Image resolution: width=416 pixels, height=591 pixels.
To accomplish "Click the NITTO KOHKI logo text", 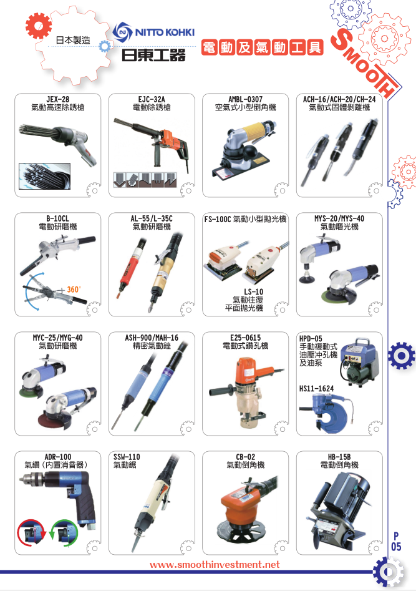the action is click(x=165, y=32).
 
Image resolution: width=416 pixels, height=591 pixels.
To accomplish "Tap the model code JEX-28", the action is click(x=57, y=99).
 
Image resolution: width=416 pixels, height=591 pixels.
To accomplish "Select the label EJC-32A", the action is click(x=152, y=99).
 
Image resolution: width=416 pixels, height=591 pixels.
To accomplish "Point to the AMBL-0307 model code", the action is click(x=245, y=99).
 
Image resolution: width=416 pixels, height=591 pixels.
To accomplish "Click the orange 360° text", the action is click(x=74, y=290).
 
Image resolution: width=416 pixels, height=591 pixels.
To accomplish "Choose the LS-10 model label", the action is click(x=253, y=291).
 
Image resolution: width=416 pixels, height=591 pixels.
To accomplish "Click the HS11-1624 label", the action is click(x=317, y=388).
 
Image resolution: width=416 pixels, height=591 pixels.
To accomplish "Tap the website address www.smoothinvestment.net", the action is click(x=215, y=564).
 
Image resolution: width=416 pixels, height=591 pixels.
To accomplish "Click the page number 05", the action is click(x=396, y=547).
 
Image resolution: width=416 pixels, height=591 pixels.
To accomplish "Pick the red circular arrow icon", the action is click(x=31, y=533).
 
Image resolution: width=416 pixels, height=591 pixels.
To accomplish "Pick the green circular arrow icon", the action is click(x=65, y=533).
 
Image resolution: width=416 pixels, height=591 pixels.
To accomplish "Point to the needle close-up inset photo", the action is click(x=44, y=176).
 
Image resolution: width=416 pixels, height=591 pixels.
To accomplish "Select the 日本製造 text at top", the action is click(x=73, y=40).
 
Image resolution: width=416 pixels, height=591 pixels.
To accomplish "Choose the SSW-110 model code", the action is click(x=127, y=457).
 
